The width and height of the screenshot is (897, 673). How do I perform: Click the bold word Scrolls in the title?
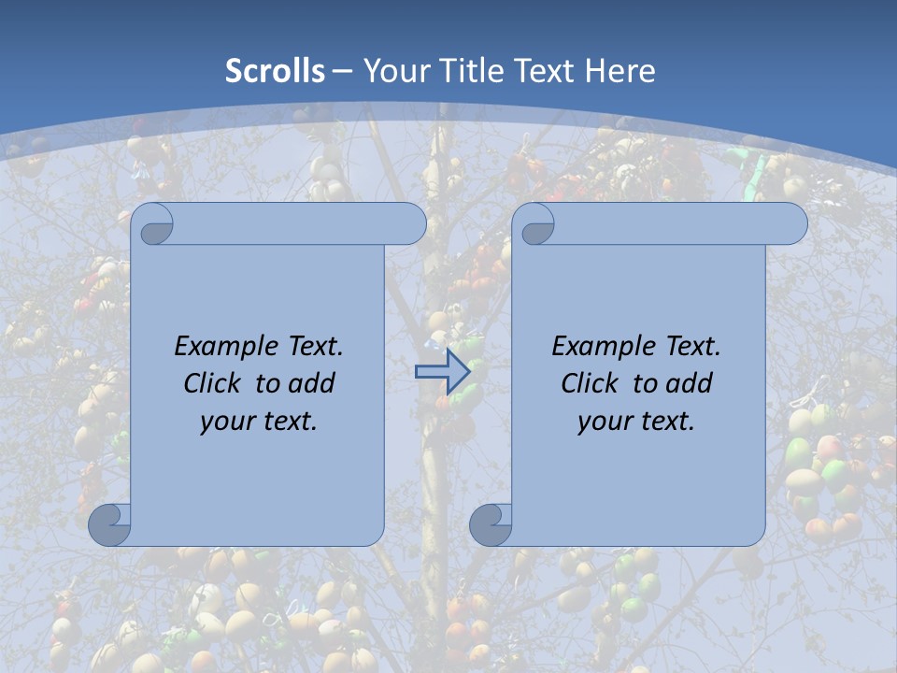[x=276, y=71]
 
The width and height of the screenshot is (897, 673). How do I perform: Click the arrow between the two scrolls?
[x=442, y=371]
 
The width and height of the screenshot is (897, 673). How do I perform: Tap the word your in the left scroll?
[x=225, y=422]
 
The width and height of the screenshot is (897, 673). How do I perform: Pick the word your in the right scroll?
[x=603, y=422]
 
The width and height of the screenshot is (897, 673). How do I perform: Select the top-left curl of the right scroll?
[x=536, y=224]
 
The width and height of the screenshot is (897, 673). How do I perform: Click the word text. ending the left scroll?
[x=288, y=422]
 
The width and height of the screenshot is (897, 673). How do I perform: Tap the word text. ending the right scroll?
[x=665, y=422]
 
